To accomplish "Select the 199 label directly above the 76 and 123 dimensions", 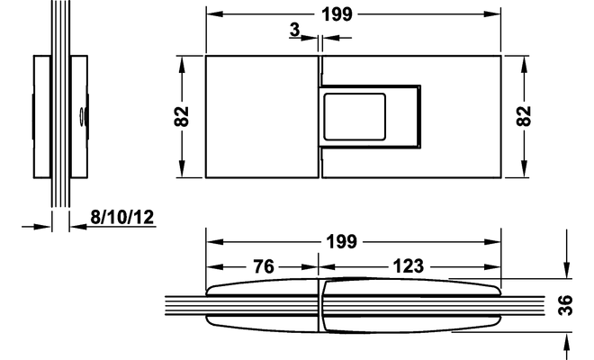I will click(x=344, y=241).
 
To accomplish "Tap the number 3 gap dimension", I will click(x=295, y=31).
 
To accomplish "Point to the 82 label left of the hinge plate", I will click(x=183, y=117).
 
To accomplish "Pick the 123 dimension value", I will click(x=408, y=267).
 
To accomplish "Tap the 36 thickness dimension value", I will click(x=565, y=306).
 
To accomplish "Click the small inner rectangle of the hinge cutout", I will click(x=356, y=116).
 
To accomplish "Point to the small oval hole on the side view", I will click(x=82, y=115).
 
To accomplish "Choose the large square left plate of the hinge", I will click(x=261, y=117).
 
